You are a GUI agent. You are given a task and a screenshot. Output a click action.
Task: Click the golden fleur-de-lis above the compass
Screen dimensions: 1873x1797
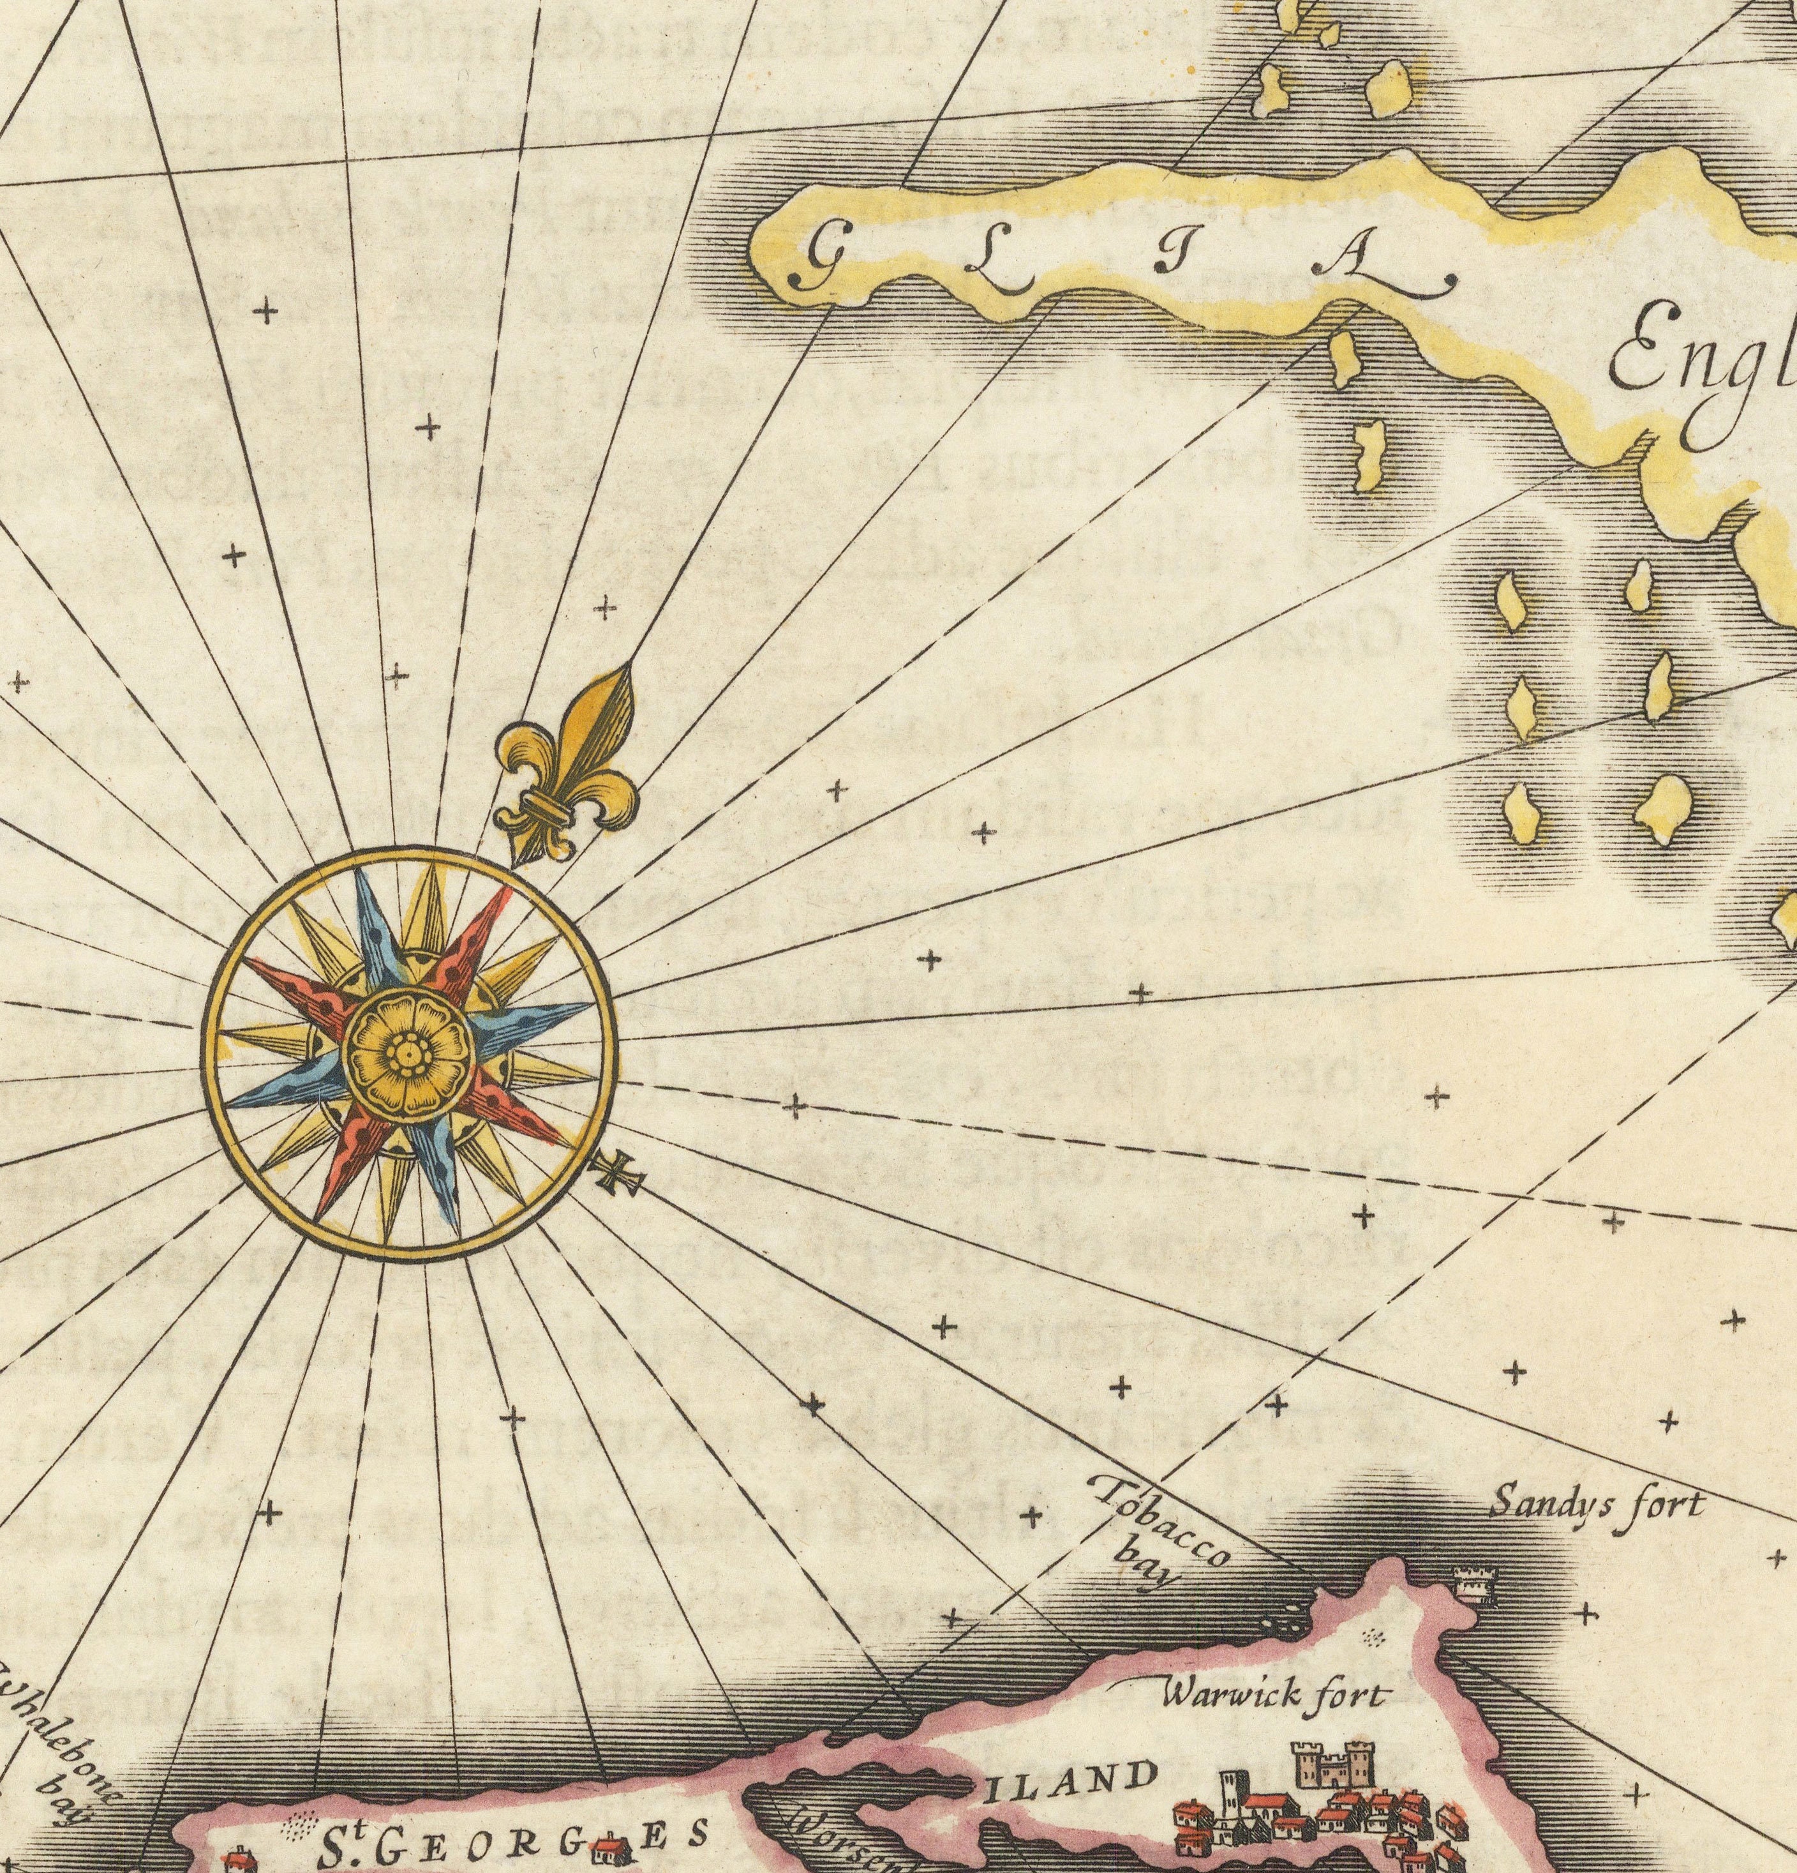[570, 765]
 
